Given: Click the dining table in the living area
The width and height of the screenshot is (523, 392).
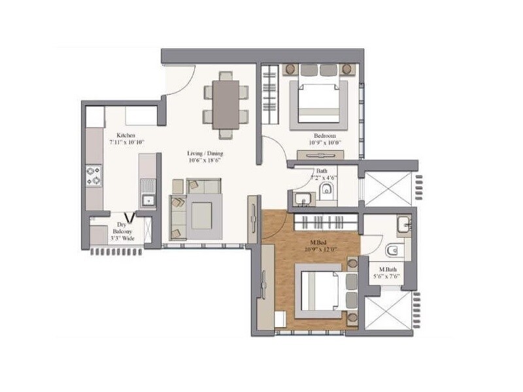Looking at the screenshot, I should pos(225,103).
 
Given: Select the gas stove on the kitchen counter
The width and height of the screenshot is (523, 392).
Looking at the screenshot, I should pos(94,174).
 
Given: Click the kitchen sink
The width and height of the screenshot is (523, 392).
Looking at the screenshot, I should pos(148,200).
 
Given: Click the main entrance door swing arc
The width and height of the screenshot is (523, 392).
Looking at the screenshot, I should pos(183,82).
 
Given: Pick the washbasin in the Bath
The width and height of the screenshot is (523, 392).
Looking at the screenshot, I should pos(302,199).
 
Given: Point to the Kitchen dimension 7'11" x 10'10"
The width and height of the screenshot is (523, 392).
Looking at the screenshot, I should pos(126,142).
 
